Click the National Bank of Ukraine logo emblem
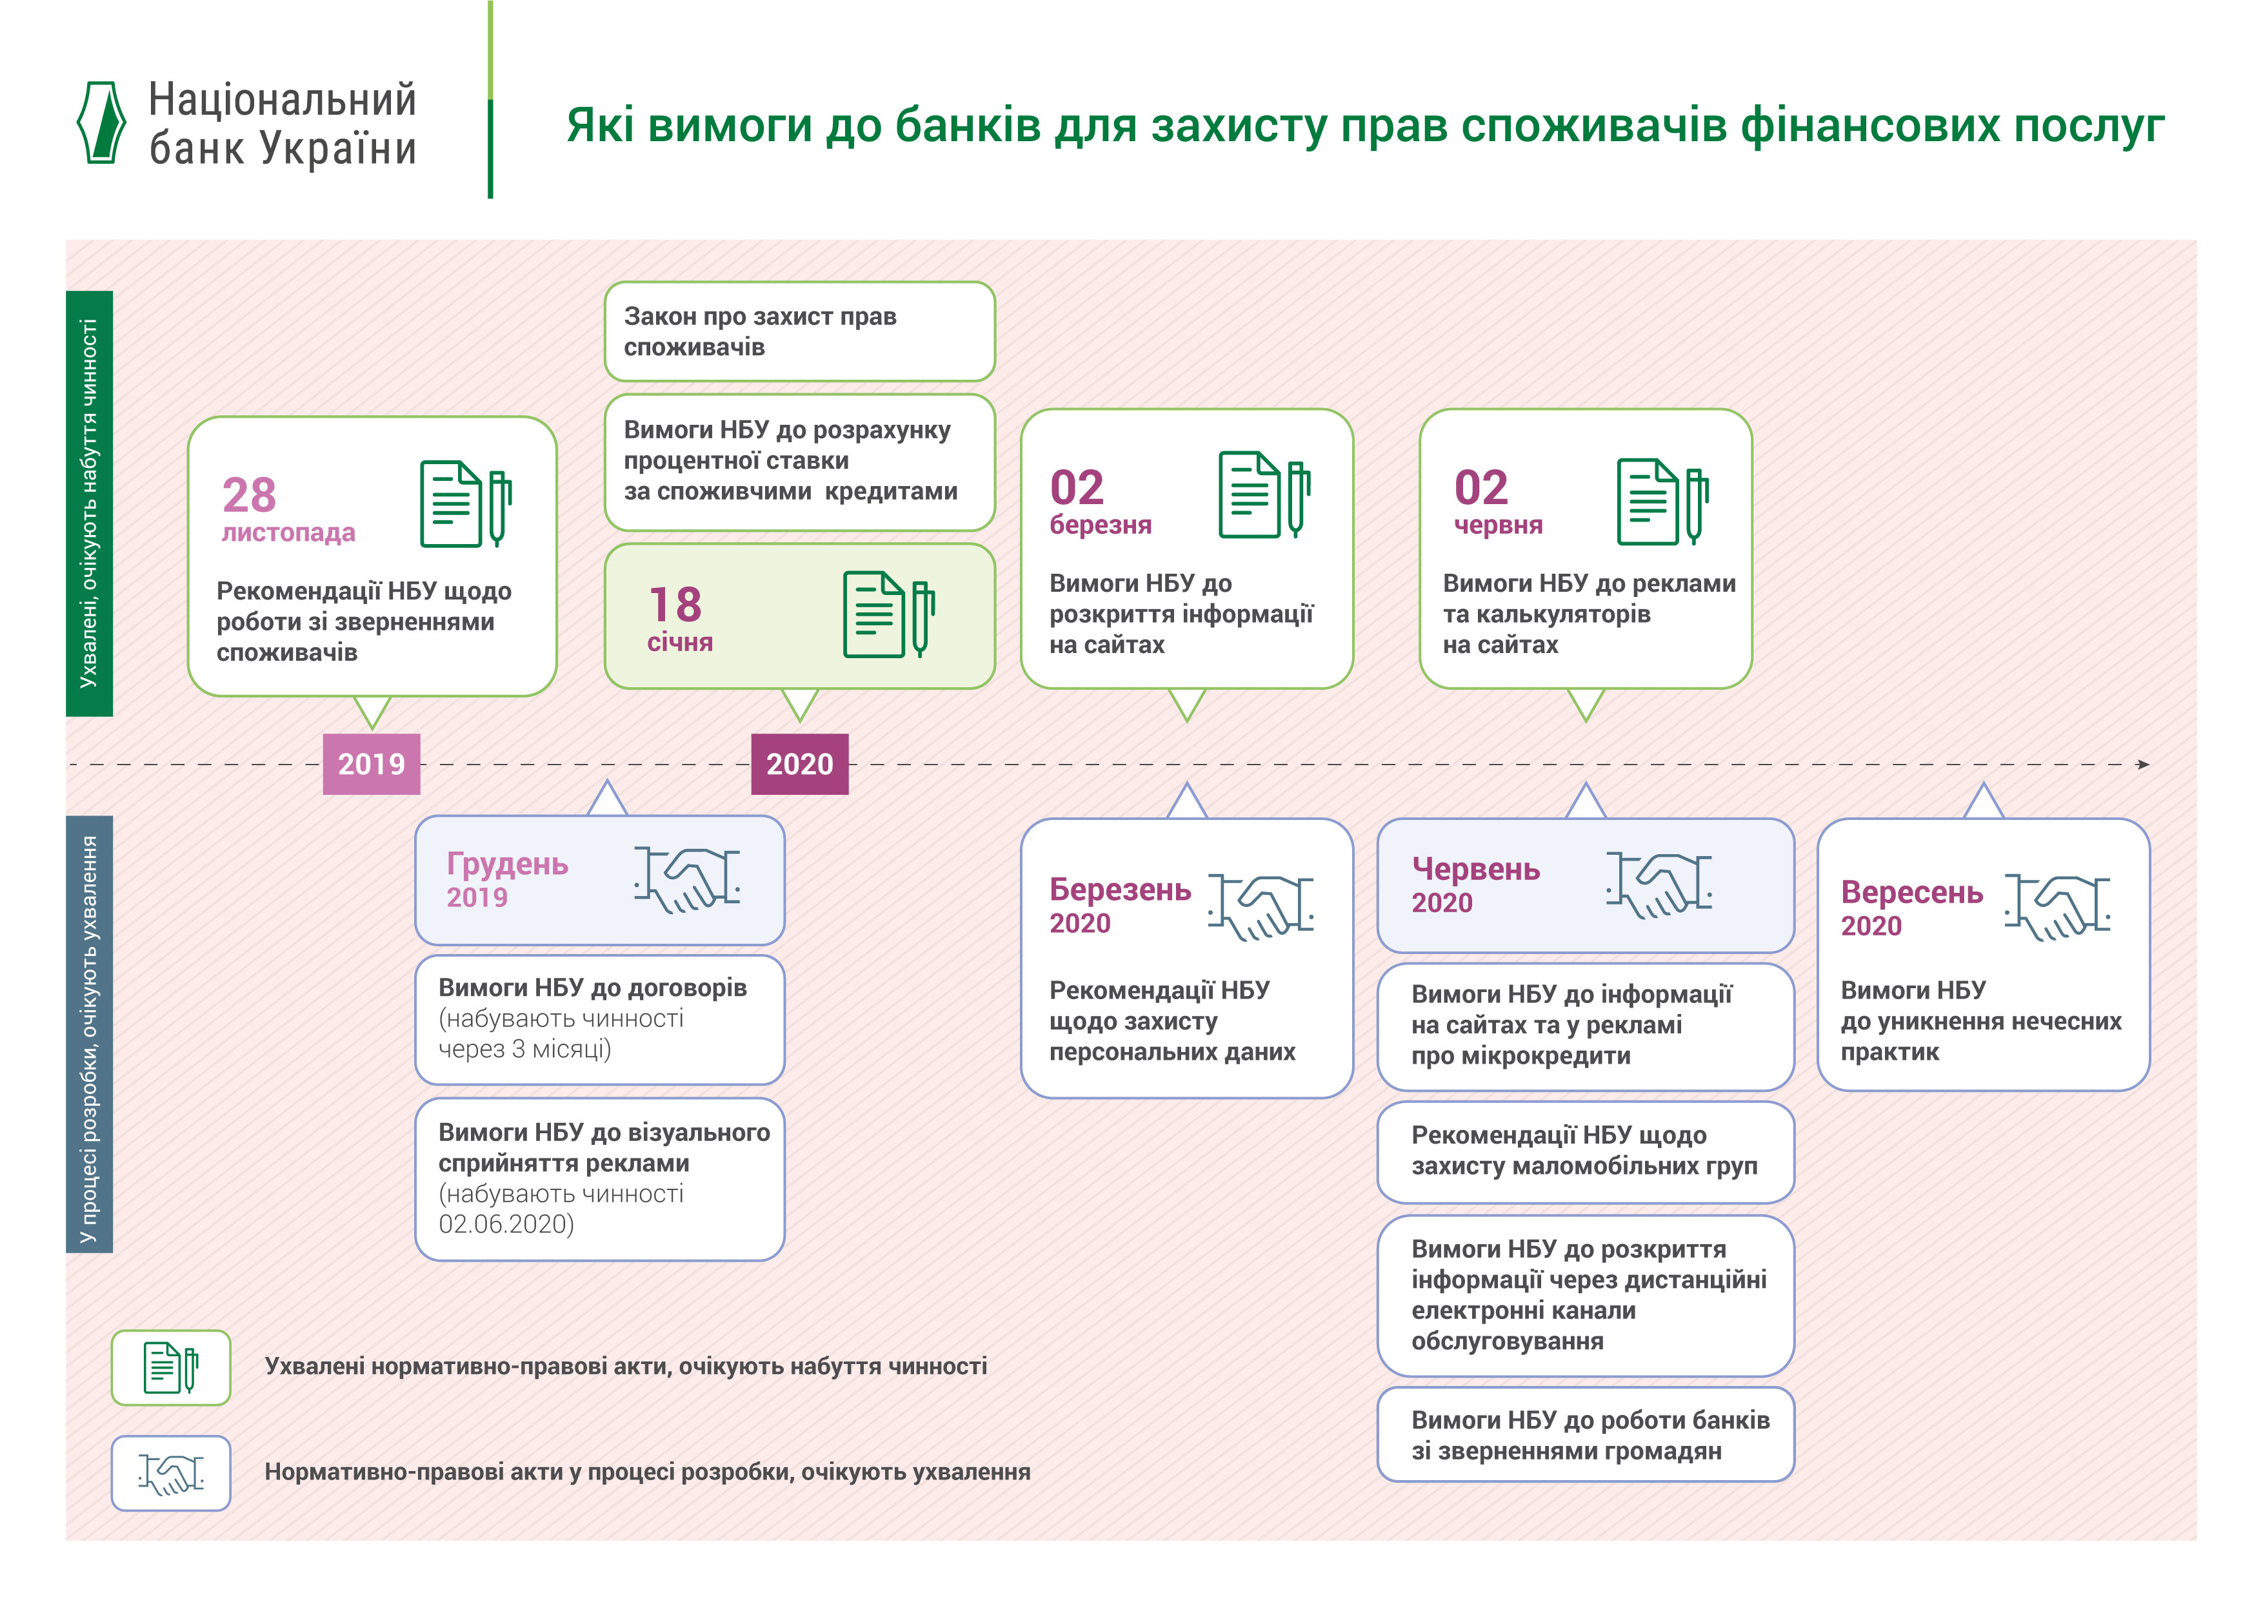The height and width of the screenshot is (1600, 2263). [x=101, y=122]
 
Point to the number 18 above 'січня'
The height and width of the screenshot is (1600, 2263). [x=675, y=604]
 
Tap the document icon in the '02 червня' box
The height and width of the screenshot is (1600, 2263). [x=1663, y=502]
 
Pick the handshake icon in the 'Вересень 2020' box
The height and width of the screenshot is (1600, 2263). [x=2058, y=906]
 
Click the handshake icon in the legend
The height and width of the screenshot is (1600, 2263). [x=172, y=1474]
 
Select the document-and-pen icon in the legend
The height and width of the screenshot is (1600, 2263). [x=172, y=1367]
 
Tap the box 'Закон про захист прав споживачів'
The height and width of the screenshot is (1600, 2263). [x=799, y=331]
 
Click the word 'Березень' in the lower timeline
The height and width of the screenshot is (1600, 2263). [x=1120, y=890]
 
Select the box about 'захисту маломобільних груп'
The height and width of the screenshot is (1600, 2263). [x=1585, y=1152]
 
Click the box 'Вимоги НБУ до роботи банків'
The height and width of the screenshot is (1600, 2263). [x=1585, y=1434]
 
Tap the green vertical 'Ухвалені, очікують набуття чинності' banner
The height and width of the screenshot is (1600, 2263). [x=90, y=503]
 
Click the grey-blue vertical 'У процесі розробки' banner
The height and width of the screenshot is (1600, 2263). [x=90, y=1035]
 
